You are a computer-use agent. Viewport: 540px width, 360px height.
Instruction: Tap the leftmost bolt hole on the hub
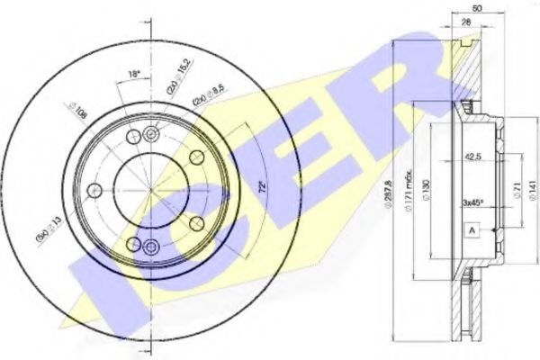(94, 191)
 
